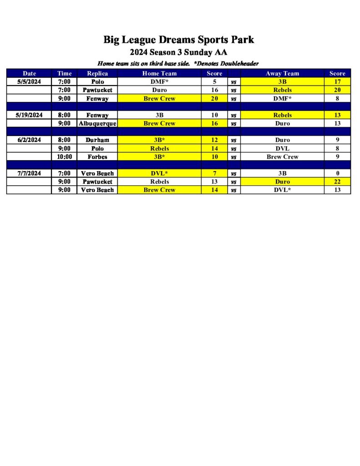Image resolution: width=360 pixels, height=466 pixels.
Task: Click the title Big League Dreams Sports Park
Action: [x=178, y=40]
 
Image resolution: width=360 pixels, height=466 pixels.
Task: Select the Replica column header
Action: [x=97, y=73]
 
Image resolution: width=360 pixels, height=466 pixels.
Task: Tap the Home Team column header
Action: [x=159, y=73]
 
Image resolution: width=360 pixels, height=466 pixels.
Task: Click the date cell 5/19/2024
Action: [x=29, y=115]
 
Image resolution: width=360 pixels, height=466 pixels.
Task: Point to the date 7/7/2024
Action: [x=29, y=173]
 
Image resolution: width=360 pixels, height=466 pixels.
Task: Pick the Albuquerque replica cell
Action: [x=97, y=123]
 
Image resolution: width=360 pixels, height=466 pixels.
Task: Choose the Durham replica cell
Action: [x=97, y=140]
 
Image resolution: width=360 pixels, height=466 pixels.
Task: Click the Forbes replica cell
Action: [x=97, y=157]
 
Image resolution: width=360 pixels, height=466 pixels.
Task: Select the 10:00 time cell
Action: [x=64, y=157]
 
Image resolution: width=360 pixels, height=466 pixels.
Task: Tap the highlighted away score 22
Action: [x=337, y=182]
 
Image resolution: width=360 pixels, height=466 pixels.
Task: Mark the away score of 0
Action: [x=337, y=173]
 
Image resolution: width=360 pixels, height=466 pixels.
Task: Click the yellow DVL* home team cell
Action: [x=159, y=173]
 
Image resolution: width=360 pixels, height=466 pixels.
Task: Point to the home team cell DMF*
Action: [x=159, y=82]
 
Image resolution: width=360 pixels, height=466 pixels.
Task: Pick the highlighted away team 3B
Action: [x=282, y=82]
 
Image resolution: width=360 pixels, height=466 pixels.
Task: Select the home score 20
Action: [x=214, y=98]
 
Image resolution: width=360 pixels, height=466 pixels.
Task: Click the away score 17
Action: [x=337, y=82]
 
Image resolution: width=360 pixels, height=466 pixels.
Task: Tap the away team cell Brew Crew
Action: [x=282, y=157]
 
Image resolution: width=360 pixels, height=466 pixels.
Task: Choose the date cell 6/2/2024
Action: [x=29, y=140]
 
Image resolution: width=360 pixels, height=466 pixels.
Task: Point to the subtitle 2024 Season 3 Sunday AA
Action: [x=178, y=52]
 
